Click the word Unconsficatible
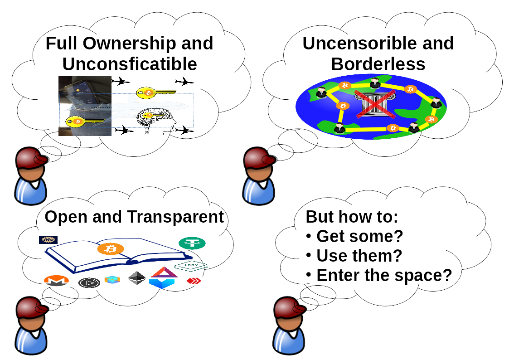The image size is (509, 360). (129, 64)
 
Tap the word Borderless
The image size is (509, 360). (378, 64)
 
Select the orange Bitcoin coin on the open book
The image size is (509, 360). (111, 248)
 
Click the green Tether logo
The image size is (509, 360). (192, 243)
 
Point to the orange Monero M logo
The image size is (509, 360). (56, 281)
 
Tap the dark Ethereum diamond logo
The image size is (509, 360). (136, 278)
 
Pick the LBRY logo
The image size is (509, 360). (190, 265)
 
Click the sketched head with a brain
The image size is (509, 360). (156, 122)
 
